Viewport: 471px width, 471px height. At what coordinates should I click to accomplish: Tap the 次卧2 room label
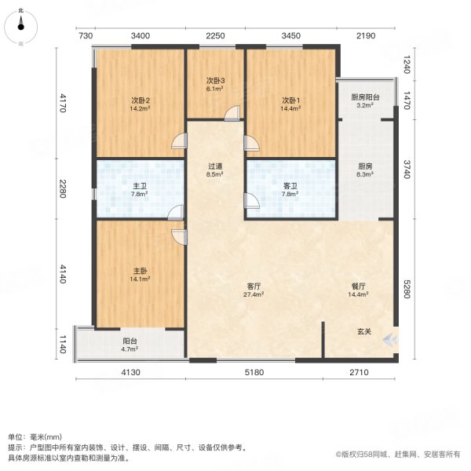coord(141,100)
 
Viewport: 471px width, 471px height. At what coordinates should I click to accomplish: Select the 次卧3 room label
coord(216,80)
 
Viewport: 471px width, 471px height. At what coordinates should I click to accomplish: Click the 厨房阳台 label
coord(365,97)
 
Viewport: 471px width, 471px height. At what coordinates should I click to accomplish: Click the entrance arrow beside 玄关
coord(390,339)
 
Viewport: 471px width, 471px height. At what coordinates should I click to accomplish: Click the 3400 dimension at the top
coord(141,36)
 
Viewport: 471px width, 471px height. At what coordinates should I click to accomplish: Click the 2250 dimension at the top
coord(216,36)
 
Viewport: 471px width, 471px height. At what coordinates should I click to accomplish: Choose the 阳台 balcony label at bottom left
coord(130,341)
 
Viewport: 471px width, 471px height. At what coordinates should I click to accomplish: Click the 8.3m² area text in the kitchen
coord(365,176)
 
